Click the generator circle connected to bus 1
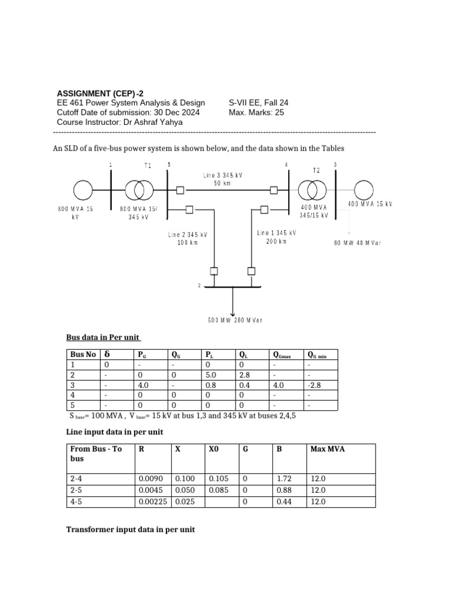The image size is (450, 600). pyautogui.click(x=83, y=190)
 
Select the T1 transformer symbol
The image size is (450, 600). pyautogui.click(x=139, y=190)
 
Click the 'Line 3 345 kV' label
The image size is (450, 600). pyautogui.click(x=223, y=175)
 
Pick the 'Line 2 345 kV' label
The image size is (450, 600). pyautogui.click(x=188, y=235)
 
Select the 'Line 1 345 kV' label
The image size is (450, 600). pyautogui.click(x=277, y=233)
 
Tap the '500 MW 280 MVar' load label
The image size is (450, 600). pyautogui.click(x=235, y=320)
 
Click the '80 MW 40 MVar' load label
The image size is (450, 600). pyautogui.click(x=357, y=242)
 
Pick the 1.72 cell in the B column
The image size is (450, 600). pyautogui.click(x=284, y=479)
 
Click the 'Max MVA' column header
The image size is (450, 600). pyautogui.click(x=328, y=449)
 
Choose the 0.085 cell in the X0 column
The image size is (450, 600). pyautogui.click(x=218, y=490)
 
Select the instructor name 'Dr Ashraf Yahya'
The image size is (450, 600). pyautogui.click(x=156, y=122)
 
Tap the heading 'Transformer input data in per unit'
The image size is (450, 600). pyautogui.click(x=130, y=529)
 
